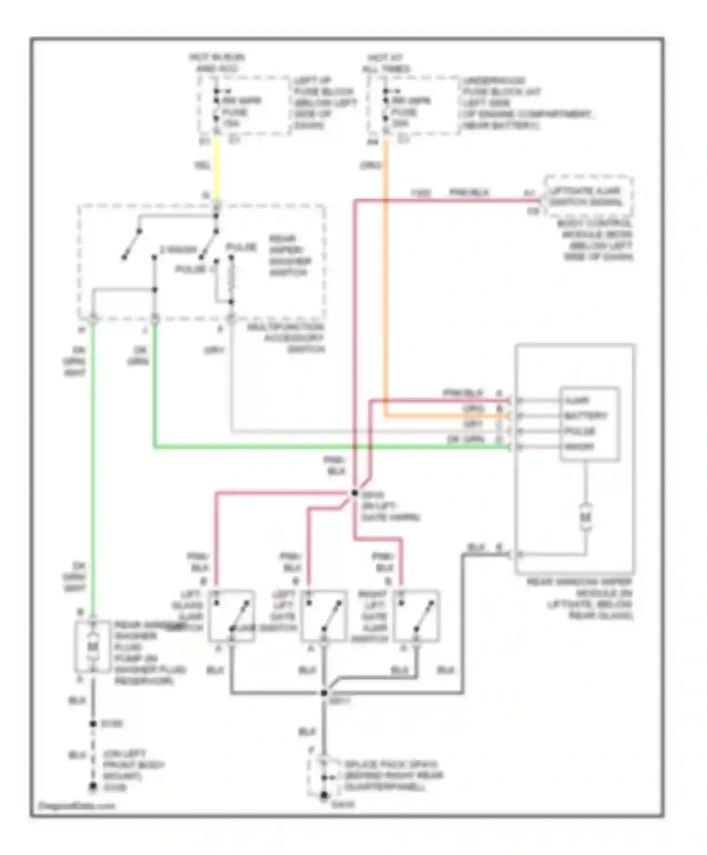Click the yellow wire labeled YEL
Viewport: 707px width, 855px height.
(x=216, y=170)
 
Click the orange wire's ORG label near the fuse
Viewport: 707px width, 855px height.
(x=370, y=165)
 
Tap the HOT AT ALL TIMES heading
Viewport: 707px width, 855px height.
(x=386, y=63)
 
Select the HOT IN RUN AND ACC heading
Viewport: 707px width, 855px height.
(x=217, y=63)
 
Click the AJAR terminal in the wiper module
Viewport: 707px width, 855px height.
(x=577, y=401)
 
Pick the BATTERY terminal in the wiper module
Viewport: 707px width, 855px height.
(x=585, y=416)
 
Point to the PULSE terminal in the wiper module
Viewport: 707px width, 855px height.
(x=580, y=431)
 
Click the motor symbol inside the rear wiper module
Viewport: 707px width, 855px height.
(x=585, y=517)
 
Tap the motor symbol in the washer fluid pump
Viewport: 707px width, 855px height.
(x=93, y=647)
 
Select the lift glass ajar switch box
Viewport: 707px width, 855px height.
(x=231, y=616)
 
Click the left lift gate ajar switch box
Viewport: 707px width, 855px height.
(x=324, y=616)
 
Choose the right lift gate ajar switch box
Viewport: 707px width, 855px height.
(x=417, y=616)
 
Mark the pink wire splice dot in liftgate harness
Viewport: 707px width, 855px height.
(x=354, y=493)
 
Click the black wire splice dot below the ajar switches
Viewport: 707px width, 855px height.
(x=324, y=692)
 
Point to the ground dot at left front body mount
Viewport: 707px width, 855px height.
(x=93, y=787)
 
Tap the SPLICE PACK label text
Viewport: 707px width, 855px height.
(x=391, y=764)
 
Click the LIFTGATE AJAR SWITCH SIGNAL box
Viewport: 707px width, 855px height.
(x=588, y=197)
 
